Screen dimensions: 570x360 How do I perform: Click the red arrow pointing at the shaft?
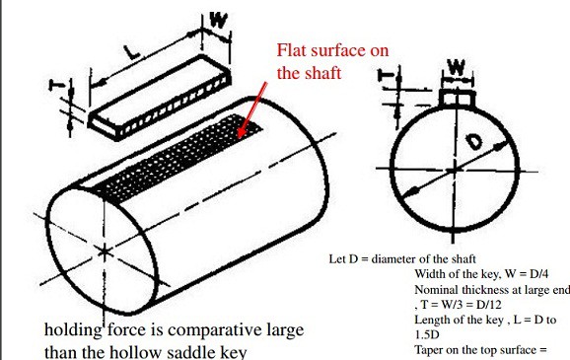(252, 110)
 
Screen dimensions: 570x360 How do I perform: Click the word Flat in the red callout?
(292, 50)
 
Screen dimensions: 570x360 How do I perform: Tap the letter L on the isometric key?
(131, 52)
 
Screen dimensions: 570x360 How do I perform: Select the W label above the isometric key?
(219, 20)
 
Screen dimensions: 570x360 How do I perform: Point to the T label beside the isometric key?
(57, 85)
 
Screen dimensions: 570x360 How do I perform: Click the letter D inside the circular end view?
(474, 141)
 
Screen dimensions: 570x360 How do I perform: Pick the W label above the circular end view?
(457, 67)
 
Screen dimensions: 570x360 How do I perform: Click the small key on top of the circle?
(457, 99)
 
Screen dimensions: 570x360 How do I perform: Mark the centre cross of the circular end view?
(454, 170)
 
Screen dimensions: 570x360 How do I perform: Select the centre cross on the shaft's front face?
(104, 252)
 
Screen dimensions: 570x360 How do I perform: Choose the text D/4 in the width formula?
(538, 273)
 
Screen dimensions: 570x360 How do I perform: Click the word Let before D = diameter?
(337, 259)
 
